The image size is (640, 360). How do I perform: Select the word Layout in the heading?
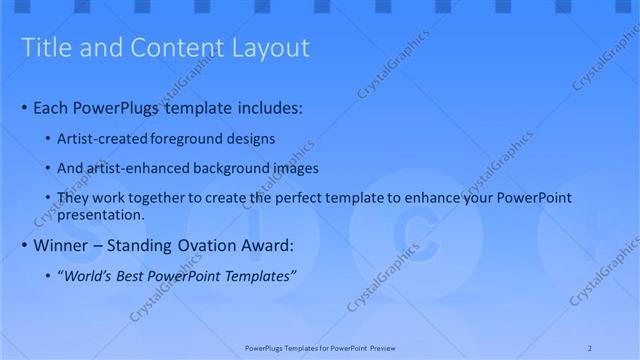(x=269, y=48)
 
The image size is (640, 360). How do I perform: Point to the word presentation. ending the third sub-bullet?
(x=101, y=214)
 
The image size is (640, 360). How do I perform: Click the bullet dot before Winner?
(x=25, y=246)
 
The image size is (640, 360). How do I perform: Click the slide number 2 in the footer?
(x=590, y=347)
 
